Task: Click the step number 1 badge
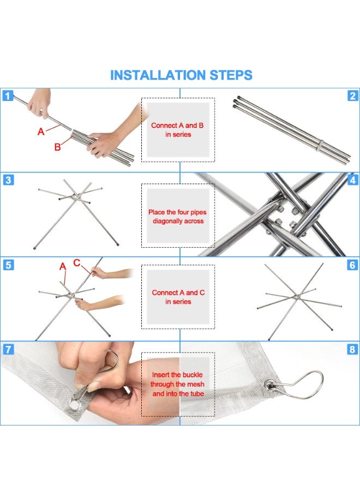pos(8,95)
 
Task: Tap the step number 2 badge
pos(352,95)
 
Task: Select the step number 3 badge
pos(8,180)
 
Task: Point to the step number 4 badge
pos(353,180)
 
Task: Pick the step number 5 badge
pos(8,265)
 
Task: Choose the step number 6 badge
pos(352,265)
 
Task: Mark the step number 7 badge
pos(8,349)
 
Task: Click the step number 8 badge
pos(352,349)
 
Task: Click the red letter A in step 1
pos(41,131)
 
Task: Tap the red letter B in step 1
pos(57,147)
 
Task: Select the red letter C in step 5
pos(77,263)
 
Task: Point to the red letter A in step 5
pos(63,266)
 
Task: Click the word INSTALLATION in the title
pos(158,75)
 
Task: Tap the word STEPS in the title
pos(231,75)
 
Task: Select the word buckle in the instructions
pos(193,374)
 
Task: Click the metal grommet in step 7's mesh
pos(75,405)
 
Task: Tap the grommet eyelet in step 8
pos(269,385)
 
